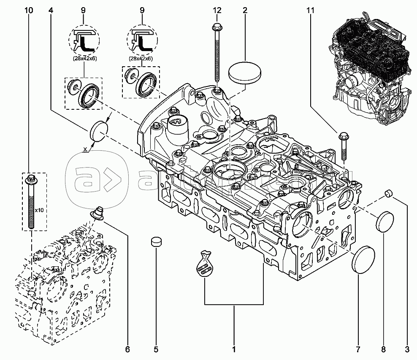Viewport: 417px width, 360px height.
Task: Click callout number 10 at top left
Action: tap(29, 10)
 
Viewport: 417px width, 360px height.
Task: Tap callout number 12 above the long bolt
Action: tap(217, 10)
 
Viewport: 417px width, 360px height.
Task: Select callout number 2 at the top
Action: tap(245, 10)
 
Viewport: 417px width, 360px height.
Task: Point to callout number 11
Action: tap(311, 10)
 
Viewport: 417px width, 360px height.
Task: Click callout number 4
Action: tap(51, 10)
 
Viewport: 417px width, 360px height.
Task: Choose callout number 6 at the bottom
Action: tap(127, 349)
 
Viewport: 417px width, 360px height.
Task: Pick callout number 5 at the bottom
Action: tap(155, 349)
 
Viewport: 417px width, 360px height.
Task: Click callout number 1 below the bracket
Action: tap(233, 349)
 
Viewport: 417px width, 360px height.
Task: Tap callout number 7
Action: tap(358, 349)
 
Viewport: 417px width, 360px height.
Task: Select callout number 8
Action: tap(383, 349)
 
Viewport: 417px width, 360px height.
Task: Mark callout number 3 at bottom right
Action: tap(407, 349)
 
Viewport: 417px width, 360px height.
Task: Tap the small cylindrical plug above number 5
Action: tap(156, 243)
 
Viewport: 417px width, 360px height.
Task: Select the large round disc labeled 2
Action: tap(245, 73)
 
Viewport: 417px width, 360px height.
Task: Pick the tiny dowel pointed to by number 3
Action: tap(388, 194)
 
